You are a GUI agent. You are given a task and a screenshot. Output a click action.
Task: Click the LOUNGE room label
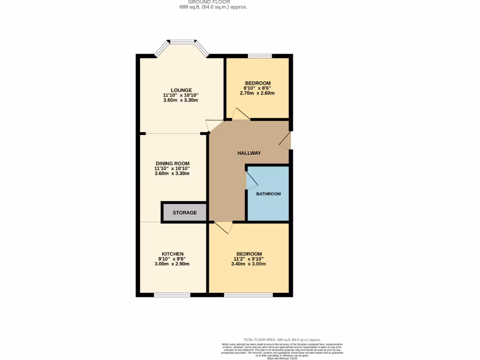(181, 90)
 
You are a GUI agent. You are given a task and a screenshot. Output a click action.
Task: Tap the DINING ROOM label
(172, 164)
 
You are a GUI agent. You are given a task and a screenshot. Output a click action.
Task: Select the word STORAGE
(185, 213)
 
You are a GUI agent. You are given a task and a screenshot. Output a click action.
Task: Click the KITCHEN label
(172, 254)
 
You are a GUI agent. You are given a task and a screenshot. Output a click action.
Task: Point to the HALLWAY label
(249, 153)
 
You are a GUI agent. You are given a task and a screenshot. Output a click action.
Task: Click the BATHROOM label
(268, 194)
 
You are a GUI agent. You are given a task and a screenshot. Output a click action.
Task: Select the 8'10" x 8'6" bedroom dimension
(257, 88)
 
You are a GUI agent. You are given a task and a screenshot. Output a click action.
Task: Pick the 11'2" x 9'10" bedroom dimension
(248, 259)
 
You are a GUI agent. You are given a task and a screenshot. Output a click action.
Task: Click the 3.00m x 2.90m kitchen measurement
(172, 264)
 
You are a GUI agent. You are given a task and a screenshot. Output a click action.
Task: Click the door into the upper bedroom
(241, 114)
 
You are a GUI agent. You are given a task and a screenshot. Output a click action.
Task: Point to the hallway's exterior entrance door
(285, 140)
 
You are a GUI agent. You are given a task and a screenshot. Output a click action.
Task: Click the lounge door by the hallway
(210, 125)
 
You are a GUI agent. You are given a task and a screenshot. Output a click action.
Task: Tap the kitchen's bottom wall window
(172, 295)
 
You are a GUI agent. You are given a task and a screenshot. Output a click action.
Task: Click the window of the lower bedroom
(248, 295)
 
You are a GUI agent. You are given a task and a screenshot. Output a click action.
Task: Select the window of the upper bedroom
(260, 56)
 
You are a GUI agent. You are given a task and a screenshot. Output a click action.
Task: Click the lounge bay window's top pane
(182, 42)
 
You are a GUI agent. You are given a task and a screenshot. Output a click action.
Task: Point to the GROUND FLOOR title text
(213, 2)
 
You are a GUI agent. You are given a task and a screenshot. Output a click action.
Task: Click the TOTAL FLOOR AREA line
(282, 339)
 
